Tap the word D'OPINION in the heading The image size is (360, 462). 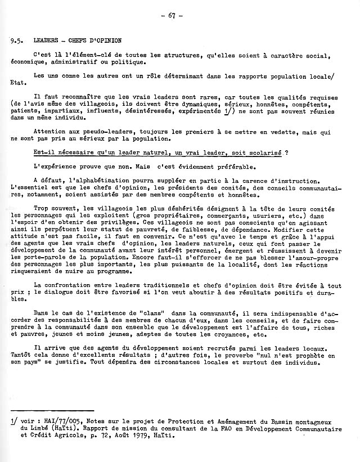tap(103, 41)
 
